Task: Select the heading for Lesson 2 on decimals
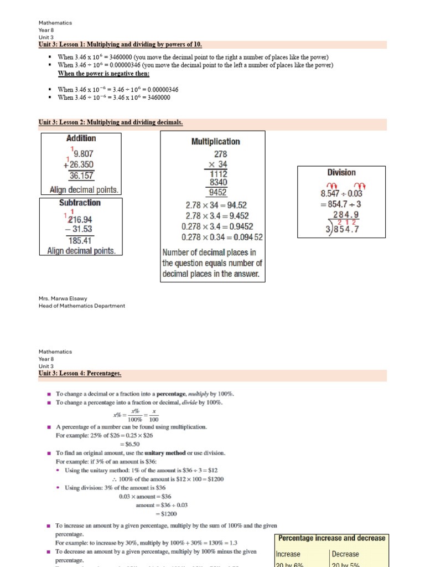pyautogui.click(x=111, y=122)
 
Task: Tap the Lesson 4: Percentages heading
pyautogui.click(x=80, y=374)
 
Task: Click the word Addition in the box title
pyautogui.click(x=81, y=138)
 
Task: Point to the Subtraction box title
pyautogui.click(x=80, y=203)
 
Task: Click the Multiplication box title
pyautogui.click(x=215, y=142)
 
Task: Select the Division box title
pyautogui.click(x=341, y=173)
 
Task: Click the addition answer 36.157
pyautogui.click(x=81, y=176)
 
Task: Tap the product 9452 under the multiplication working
pyautogui.click(x=216, y=193)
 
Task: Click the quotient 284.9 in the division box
pyautogui.click(x=345, y=214)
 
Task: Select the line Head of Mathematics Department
pyautogui.click(x=82, y=306)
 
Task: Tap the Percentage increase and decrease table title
pyautogui.click(x=331, y=538)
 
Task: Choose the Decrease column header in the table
pyautogui.click(x=345, y=554)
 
